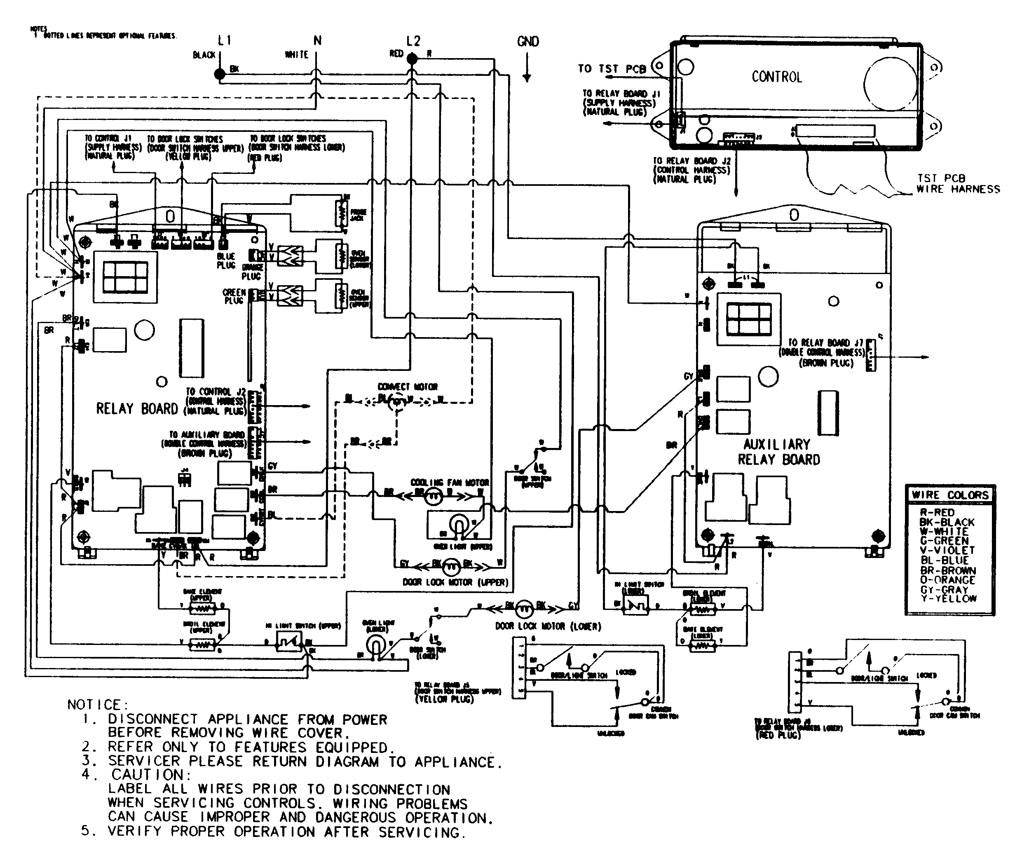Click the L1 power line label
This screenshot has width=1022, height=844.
point(224,41)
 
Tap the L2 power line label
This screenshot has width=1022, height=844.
point(413,41)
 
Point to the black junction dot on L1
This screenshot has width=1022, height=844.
point(220,74)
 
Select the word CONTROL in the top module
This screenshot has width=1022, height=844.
point(776,77)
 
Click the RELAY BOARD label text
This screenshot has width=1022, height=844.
point(137,409)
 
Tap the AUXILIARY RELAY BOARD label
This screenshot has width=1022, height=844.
point(778,452)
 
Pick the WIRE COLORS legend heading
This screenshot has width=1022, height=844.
point(949,495)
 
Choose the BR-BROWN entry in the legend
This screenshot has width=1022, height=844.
point(947,570)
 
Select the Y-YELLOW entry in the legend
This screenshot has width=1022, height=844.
point(948,598)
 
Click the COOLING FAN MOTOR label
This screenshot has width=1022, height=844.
point(450,483)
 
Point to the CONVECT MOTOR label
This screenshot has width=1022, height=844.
point(408,387)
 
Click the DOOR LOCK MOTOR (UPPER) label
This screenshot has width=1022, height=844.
point(455,582)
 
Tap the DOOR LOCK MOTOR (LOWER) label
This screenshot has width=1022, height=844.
point(548,626)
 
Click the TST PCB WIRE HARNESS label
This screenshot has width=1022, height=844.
point(958,184)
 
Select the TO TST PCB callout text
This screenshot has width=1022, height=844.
point(611,69)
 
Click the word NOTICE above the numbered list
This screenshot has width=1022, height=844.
point(97,704)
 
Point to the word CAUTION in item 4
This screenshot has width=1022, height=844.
point(151,774)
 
